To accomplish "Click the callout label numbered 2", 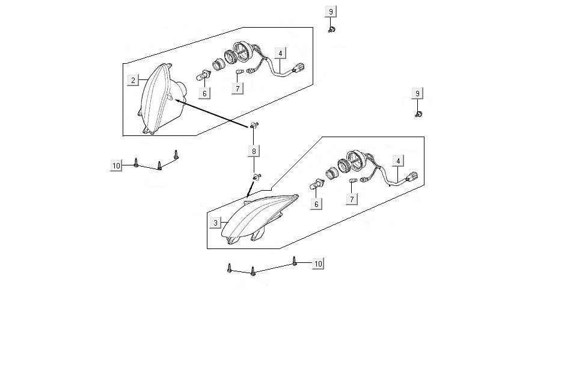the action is [x=133, y=80].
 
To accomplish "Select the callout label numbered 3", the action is [x=215, y=223].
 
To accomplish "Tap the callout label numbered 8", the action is [x=254, y=151].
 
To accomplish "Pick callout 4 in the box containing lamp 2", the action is [x=280, y=54].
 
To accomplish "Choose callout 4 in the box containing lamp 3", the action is [x=398, y=161].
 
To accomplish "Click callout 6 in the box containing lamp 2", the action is [x=204, y=94].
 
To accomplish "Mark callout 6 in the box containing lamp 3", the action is [x=316, y=204].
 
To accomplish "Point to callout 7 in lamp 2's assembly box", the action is [x=237, y=88].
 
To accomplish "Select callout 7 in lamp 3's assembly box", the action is [x=352, y=199].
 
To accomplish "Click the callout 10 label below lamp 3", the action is [x=318, y=264].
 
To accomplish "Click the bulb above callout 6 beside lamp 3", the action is [x=317, y=184].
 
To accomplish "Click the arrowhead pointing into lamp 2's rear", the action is [x=179, y=100].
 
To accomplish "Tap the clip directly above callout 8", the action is [x=254, y=125].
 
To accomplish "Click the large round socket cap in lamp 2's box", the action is [x=243, y=51].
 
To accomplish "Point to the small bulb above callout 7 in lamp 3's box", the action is [x=353, y=180].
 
